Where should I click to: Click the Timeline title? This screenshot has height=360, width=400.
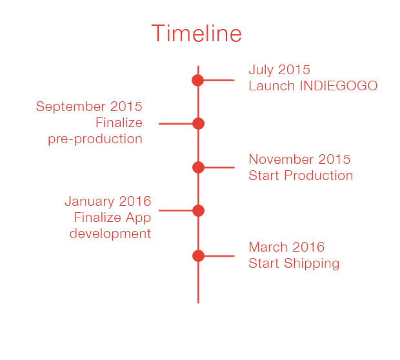pos(196,33)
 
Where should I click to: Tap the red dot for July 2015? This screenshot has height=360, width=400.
pos(197,81)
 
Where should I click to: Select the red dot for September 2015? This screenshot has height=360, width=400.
pos(198,124)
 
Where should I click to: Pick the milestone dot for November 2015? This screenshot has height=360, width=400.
pos(198,167)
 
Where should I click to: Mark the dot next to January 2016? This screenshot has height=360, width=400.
pos(198,210)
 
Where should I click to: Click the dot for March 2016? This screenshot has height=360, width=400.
pos(198,256)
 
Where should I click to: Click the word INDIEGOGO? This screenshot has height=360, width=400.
pos(339,86)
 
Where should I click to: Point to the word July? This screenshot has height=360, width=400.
pos(261,70)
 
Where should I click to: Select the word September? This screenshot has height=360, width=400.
pos(71,107)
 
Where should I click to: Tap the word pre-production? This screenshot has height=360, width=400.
pos(95,139)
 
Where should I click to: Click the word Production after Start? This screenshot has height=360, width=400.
pos(319,175)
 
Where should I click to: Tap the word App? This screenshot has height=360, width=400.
pos(138,219)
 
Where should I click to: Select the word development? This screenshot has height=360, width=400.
pos(110,234)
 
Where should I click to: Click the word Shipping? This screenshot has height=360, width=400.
pos(312,264)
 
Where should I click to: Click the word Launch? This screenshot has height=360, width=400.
pos(272,86)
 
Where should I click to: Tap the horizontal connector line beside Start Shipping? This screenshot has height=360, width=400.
pos(219,256)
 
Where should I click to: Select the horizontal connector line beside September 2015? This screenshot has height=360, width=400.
pos(175,124)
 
